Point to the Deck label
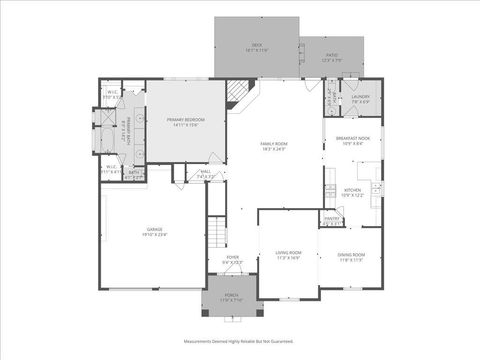(256, 47)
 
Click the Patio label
(331, 57)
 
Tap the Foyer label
(232, 260)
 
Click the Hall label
(204, 173)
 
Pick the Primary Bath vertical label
(128, 130)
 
